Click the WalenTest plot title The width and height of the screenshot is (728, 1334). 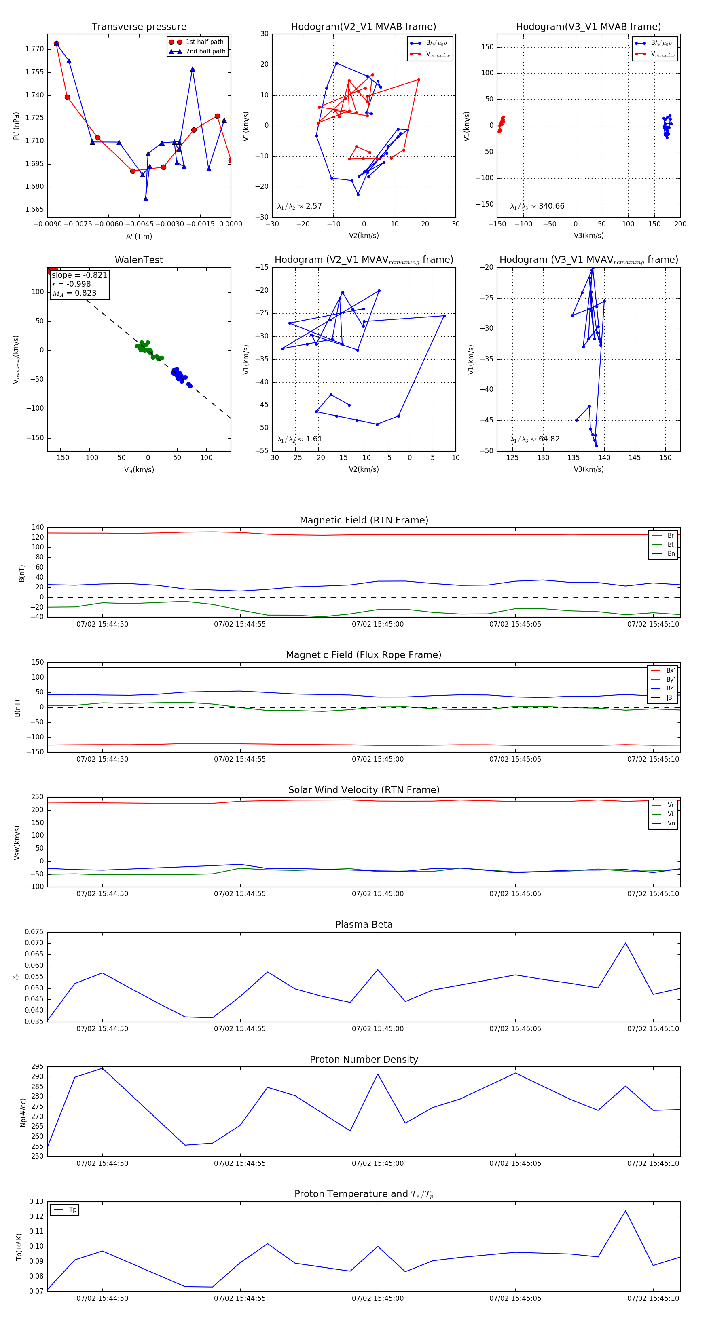[139, 260]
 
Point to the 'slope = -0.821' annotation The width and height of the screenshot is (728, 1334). [79, 275]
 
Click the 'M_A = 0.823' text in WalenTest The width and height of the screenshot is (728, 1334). [74, 293]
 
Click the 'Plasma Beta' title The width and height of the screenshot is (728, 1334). [364, 925]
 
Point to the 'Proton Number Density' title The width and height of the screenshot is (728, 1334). [364, 1060]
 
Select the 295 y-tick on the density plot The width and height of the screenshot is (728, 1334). [37, 1067]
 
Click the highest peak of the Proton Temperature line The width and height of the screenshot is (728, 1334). [625, 1211]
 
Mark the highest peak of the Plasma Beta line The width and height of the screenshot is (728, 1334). [625, 943]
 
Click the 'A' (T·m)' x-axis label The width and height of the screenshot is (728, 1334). [139, 236]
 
